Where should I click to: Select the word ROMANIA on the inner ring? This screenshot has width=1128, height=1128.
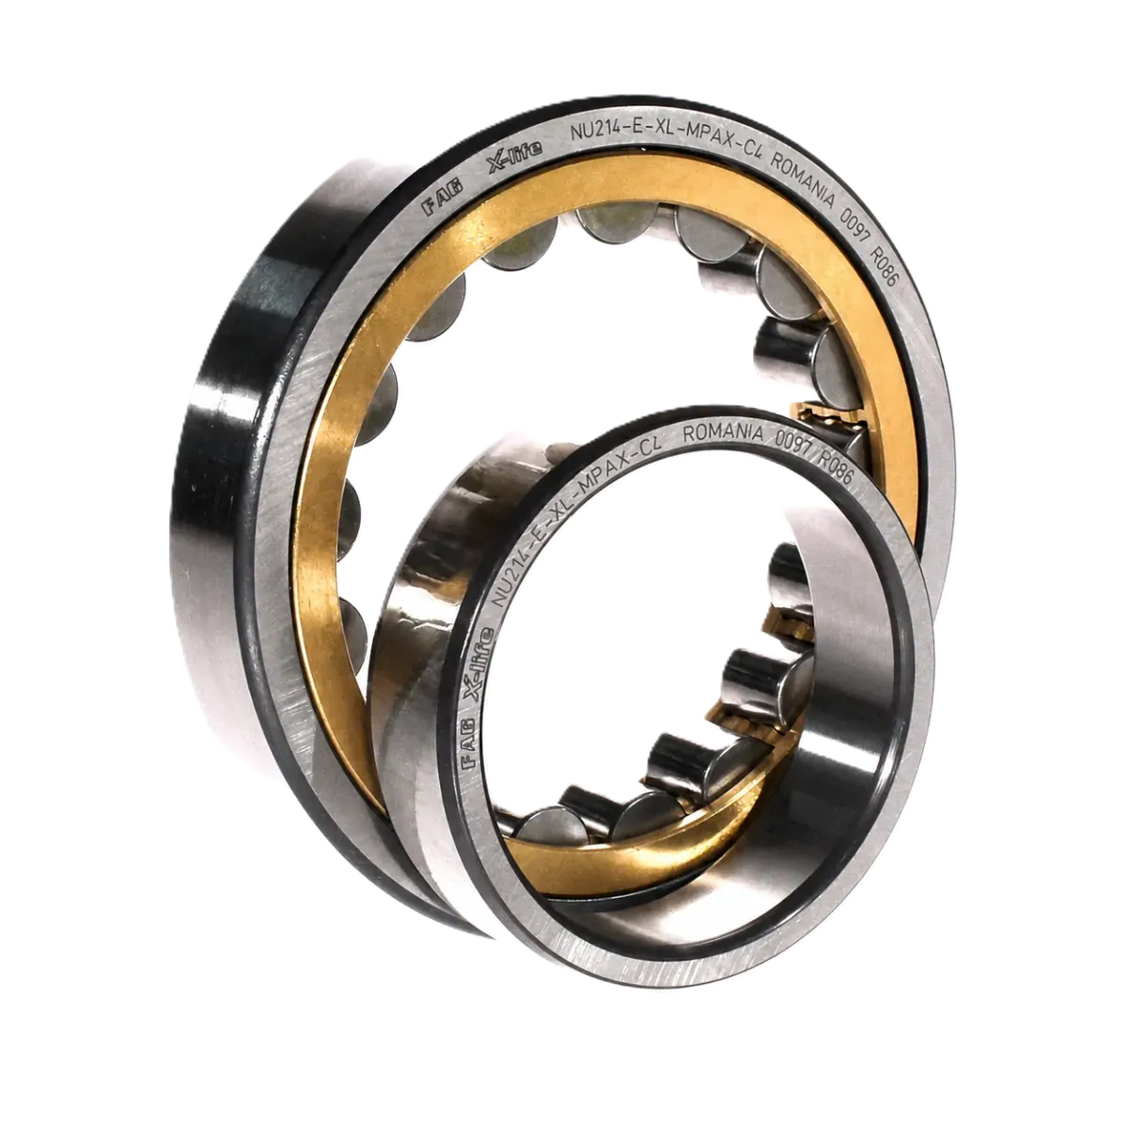723,433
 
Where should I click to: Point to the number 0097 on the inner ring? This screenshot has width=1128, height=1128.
793,449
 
